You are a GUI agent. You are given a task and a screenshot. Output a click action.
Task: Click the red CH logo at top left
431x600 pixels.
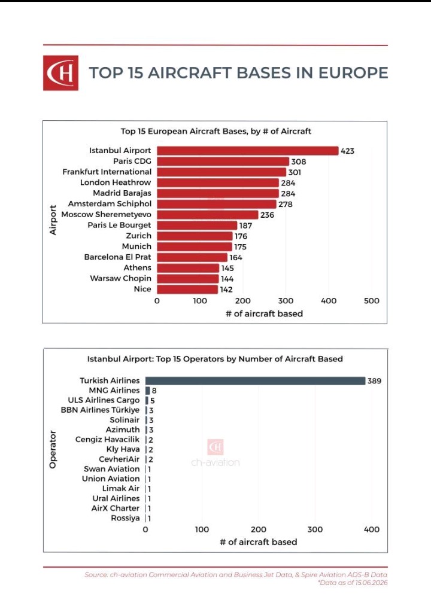click(60, 73)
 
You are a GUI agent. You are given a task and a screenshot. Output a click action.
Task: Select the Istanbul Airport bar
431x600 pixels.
click(248, 151)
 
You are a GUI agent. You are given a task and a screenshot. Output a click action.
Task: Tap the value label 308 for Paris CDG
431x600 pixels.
click(299, 162)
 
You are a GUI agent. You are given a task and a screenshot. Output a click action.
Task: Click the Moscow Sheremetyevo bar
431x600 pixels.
click(208, 215)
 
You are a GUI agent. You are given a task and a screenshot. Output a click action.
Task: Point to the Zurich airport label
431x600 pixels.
click(138, 236)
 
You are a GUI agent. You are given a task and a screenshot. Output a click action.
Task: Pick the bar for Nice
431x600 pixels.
click(187, 290)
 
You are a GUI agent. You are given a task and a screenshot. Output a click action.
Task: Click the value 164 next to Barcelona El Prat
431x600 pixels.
click(236, 257)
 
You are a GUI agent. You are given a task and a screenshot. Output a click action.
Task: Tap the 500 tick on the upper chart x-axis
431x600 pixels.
click(371, 301)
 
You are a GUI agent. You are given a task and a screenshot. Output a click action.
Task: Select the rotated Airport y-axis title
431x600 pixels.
click(53, 220)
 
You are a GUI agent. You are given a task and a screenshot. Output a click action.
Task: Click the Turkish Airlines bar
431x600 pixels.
click(256, 380)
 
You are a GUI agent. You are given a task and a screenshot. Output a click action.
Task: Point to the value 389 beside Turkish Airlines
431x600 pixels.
click(374, 380)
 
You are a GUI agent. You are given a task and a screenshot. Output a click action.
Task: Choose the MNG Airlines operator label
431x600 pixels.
click(114, 390)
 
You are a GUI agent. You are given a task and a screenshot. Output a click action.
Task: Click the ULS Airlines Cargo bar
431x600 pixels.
click(147, 400)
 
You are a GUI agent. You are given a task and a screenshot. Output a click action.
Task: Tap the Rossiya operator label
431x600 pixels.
click(125, 518)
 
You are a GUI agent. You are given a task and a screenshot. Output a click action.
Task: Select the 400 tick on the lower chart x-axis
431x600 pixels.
click(371, 529)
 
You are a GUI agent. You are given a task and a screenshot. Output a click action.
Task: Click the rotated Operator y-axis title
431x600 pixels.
click(53, 449)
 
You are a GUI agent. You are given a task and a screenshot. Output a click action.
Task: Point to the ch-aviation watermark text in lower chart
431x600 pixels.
click(215, 462)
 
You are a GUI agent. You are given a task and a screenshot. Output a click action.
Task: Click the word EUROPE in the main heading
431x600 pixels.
click(353, 73)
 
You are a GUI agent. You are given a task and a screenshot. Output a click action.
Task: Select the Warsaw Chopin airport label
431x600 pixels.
click(120, 279)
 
